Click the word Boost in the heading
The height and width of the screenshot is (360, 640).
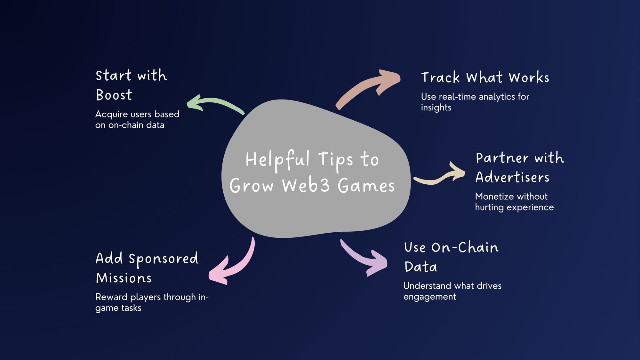click(114, 95)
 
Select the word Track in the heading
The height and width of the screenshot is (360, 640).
click(440, 77)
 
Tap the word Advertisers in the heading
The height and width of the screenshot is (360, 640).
click(512, 177)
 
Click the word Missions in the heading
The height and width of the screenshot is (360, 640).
click(124, 278)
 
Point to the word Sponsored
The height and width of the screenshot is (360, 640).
click(163, 259)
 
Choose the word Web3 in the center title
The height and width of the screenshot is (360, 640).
click(306, 186)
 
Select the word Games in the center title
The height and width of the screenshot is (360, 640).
click(366, 186)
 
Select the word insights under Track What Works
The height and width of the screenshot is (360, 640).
click(436, 108)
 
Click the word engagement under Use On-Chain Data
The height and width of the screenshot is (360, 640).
click(430, 297)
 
